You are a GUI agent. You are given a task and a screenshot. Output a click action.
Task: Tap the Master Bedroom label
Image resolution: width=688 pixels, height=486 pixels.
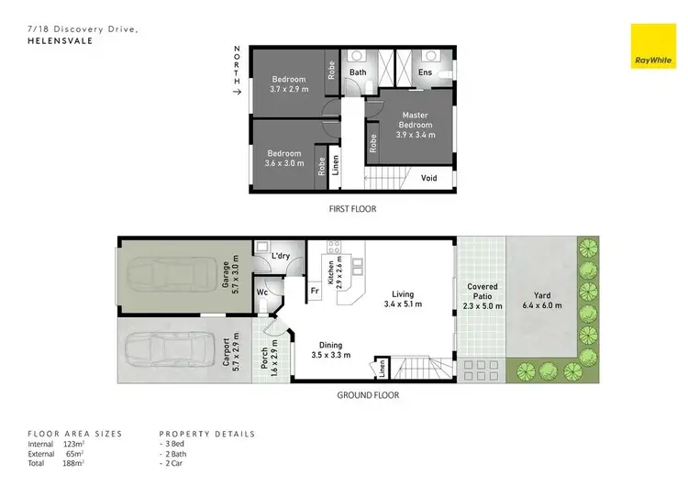[414, 121]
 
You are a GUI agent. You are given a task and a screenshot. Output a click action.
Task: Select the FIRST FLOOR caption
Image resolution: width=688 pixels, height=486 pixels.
[352, 209]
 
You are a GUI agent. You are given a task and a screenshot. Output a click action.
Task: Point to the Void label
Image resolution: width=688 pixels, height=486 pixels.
[429, 178]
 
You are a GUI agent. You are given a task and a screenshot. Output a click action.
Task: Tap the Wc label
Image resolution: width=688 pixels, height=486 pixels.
[262, 293]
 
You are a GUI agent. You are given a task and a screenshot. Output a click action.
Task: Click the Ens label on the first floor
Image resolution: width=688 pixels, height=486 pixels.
[425, 72]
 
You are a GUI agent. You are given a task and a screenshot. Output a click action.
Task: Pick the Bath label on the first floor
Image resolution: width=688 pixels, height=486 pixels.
[357, 72]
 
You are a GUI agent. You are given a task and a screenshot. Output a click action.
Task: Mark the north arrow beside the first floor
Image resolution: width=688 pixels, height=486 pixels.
[238, 92]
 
